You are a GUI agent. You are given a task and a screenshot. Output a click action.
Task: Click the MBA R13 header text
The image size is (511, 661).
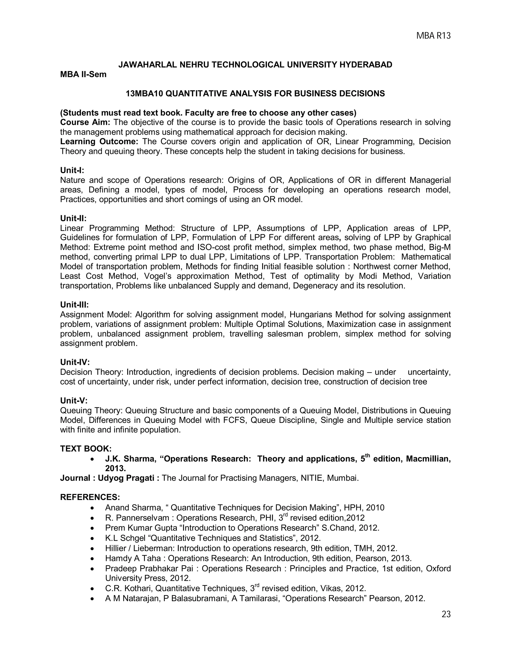click(433, 36)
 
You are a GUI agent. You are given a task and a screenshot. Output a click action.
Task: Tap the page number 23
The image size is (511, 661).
click(446, 614)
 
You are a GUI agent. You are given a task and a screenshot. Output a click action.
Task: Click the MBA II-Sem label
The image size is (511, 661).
click(83, 74)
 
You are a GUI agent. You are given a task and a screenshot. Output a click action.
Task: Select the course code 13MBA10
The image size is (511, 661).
click(144, 94)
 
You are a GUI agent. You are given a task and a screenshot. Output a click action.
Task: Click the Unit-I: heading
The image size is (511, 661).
click(72, 170)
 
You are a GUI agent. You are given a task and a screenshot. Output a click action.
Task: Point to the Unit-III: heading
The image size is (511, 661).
click(74, 305)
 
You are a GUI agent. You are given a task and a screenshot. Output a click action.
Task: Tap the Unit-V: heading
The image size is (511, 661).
click(74, 401)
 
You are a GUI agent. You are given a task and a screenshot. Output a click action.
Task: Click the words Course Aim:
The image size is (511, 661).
click(85, 122)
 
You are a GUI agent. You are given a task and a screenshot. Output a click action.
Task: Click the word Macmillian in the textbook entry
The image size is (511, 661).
click(428, 459)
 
